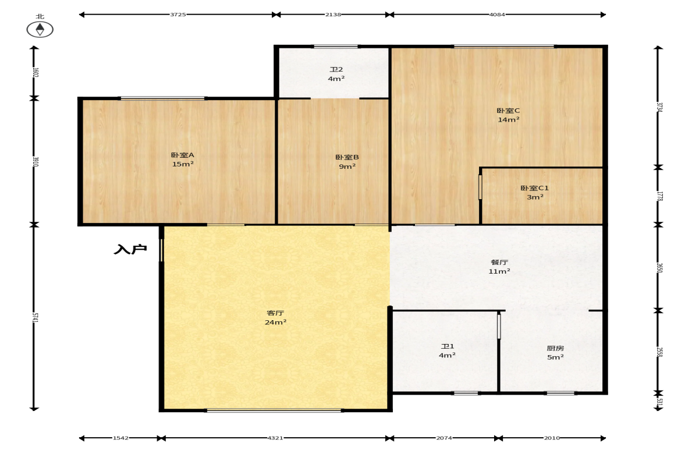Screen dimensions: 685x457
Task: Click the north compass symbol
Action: [x=40, y=29]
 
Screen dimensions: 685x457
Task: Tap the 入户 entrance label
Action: [x=130, y=249]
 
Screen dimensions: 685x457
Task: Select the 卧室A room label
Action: [x=183, y=155]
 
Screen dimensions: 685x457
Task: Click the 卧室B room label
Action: [x=347, y=157]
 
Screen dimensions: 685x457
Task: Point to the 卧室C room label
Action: [x=509, y=111]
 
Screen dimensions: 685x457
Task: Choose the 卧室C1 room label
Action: [x=535, y=188]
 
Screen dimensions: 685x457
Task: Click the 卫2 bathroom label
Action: [x=336, y=69]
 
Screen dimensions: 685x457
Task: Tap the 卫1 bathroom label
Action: [x=448, y=346]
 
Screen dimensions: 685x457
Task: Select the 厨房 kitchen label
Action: [x=555, y=348]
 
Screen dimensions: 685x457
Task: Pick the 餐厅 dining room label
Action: [x=499, y=262]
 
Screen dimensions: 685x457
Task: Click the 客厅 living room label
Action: [x=276, y=313]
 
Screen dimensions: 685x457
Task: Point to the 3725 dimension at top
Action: [x=178, y=15]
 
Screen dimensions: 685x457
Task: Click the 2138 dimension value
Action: [x=333, y=15]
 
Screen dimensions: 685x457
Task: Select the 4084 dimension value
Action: [x=497, y=15]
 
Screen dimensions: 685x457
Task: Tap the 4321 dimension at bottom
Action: [x=275, y=438]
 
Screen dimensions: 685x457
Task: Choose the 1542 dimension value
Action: [x=120, y=438]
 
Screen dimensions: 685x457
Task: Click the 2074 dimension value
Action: [x=444, y=438]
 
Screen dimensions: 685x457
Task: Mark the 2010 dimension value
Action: [x=552, y=438]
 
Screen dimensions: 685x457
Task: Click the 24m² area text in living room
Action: [x=276, y=322]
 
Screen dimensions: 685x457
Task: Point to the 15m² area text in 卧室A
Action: [x=183, y=164]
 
